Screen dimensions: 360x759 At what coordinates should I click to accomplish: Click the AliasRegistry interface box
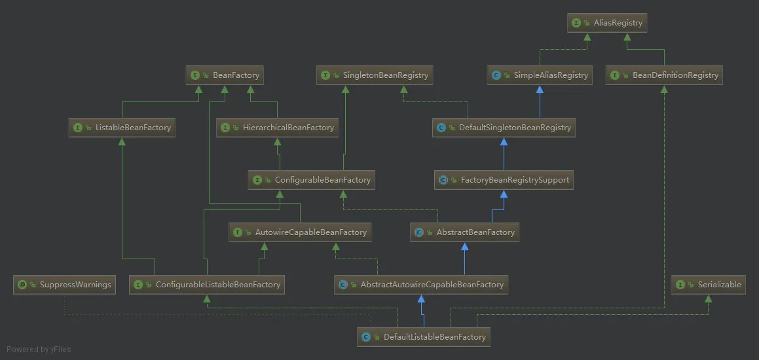(608, 23)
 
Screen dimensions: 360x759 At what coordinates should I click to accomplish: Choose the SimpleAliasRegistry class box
(540, 75)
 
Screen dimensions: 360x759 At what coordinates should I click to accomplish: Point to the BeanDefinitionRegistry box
(664, 75)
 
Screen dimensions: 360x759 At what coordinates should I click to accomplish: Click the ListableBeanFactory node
(122, 128)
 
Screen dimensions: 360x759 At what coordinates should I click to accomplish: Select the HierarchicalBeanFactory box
(278, 128)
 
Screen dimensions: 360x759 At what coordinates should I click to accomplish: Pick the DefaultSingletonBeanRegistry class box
(504, 128)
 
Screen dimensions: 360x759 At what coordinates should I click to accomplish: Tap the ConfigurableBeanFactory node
(312, 180)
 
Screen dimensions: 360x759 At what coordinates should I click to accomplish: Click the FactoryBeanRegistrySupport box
(504, 180)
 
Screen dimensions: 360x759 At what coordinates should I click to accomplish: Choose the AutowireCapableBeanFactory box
(301, 232)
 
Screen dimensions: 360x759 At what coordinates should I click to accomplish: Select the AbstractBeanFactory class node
(465, 232)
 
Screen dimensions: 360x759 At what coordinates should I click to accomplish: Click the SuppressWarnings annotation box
(64, 285)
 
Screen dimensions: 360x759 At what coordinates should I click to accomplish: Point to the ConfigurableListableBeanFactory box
(207, 285)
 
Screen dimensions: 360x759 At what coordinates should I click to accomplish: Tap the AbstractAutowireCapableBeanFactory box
(421, 285)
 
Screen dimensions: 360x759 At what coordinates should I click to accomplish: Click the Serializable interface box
(708, 285)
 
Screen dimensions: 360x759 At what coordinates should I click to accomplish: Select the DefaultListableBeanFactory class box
(424, 337)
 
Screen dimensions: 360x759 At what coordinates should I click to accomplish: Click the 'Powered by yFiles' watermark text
(39, 350)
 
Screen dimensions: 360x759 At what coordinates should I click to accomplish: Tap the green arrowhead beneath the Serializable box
(708, 299)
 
